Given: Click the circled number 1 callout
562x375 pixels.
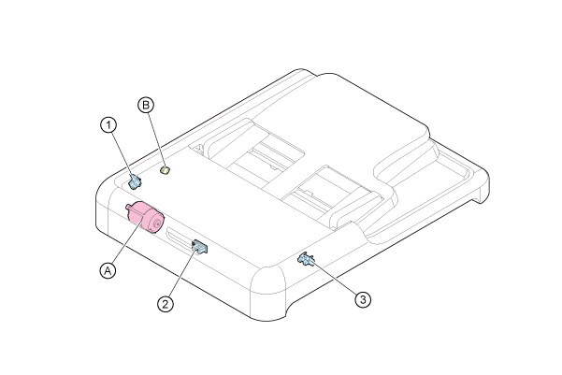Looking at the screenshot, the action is click(108, 125).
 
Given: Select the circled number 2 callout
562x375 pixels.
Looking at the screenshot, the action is click(166, 304).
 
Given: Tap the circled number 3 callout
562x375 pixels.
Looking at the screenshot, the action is click(363, 299).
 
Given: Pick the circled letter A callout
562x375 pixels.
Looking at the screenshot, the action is click(108, 270).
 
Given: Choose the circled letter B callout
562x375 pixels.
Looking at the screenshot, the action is click(146, 105).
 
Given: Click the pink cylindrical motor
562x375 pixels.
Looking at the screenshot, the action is click(145, 217).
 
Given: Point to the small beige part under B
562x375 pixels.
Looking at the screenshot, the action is click(165, 169).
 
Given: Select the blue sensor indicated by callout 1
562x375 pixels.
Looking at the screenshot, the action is click(135, 181).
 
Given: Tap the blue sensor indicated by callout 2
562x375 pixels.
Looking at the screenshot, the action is click(199, 246).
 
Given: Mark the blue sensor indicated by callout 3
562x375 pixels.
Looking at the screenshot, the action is click(306, 259).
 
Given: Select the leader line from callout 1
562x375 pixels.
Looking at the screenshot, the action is click(122, 154).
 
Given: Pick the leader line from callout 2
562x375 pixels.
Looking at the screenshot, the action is click(182, 273).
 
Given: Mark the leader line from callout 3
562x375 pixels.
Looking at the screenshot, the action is click(333, 279).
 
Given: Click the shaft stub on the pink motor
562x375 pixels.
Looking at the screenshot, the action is click(128, 207).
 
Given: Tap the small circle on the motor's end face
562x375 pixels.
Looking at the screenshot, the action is click(156, 224).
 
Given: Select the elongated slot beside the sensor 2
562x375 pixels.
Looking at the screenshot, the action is click(179, 237).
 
